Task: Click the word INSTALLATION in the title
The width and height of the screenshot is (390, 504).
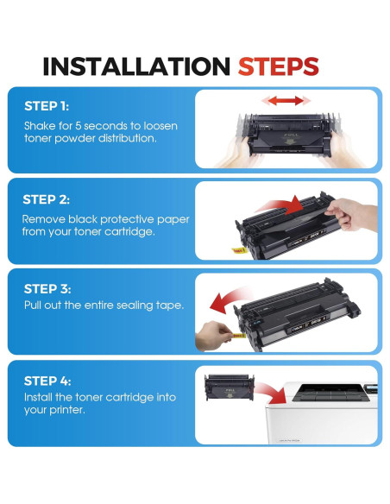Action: click(x=136, y=66)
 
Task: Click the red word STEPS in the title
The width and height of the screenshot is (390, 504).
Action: click(x=278, y=66)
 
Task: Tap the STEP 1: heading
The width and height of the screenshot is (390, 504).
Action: click(x=47, y=106)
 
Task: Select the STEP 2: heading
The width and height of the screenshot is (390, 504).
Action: click(x=47, y=199)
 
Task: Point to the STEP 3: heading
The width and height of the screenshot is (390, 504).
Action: click(x=47, y=289)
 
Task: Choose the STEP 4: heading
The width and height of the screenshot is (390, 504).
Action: click(x=47, y=381)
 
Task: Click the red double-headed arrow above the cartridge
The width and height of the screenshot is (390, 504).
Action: click(x=286, y=101)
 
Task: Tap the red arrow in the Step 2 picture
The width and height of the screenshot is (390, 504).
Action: click(x=279, y=206)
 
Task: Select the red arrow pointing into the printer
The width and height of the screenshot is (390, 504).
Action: click(x=273, y=393)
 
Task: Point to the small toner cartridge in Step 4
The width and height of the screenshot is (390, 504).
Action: click(x=230, y=387)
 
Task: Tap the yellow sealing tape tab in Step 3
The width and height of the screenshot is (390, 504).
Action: click(x=239, y=336)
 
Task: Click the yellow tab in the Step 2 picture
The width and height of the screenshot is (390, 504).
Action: click(x=239, y=249)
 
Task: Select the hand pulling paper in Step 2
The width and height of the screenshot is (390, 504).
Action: click(x=351, y=214)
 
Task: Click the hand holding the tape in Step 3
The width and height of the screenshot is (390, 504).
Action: click(x=213, y=336)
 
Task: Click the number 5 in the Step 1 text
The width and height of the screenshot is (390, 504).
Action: click(x=79, y=125)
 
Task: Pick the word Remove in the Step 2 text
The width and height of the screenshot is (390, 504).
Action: click(x=44, y=219)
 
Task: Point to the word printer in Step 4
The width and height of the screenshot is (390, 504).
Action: click(x=67, y=410)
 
